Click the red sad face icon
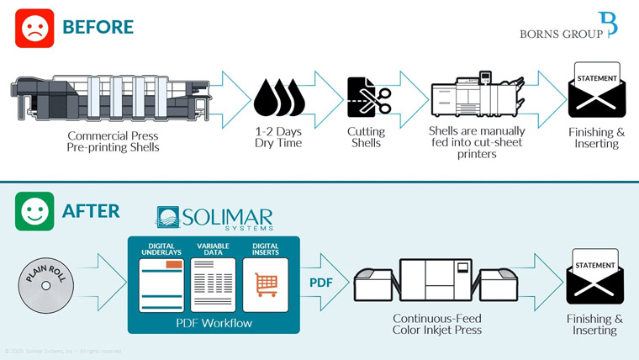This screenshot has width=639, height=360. tap(34, 29)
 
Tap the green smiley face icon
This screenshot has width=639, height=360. tap(34, 211)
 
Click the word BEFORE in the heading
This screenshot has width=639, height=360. tap(98, 28)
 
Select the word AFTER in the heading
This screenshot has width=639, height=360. tap(91, 211)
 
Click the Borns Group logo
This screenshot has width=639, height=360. tap(568, 27)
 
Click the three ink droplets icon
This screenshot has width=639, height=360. tap(279, 98)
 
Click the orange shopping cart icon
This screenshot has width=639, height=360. tap(265, 285)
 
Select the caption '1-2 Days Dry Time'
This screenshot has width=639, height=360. tap(279, 137)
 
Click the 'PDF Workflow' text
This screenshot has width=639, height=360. tap(213, 322)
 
